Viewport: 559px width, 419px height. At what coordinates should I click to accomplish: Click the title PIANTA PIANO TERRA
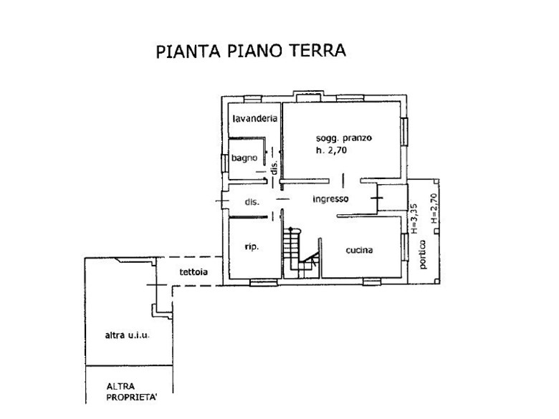click(251, 51)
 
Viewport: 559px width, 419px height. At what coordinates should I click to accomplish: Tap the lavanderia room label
click(254, 118)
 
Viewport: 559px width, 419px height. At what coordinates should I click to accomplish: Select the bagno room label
click(244, 158)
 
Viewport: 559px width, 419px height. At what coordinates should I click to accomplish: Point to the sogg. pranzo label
click(344, 138)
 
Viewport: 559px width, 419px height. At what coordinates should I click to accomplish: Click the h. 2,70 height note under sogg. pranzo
click(331, 150)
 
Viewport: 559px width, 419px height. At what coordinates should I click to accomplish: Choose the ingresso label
click(330, 199)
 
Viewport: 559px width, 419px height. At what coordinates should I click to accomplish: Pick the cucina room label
click(359, 250)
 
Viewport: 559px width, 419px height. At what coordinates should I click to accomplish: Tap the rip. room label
click(252, 246)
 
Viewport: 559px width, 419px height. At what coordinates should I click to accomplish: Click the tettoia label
click(193, 272)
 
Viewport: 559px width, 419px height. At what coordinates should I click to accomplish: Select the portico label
click(423, 254)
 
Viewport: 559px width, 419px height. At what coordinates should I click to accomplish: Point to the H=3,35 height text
click(414, 218)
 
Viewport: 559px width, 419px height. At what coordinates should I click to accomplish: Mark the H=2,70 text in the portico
click(434, 208)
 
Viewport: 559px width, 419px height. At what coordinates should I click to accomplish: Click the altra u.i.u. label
click(128, 335)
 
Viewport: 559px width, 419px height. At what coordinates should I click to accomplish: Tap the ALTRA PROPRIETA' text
click(131, 392)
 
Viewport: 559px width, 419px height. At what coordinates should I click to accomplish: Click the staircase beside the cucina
click(301, 253)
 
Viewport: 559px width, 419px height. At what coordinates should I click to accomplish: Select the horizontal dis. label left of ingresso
click(252, 202)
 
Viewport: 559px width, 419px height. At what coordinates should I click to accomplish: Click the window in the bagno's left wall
click(224, 163)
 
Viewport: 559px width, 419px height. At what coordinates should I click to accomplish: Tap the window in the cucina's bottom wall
click(372, 282)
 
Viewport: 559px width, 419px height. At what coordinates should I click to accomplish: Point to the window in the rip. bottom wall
click(264, 283)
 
